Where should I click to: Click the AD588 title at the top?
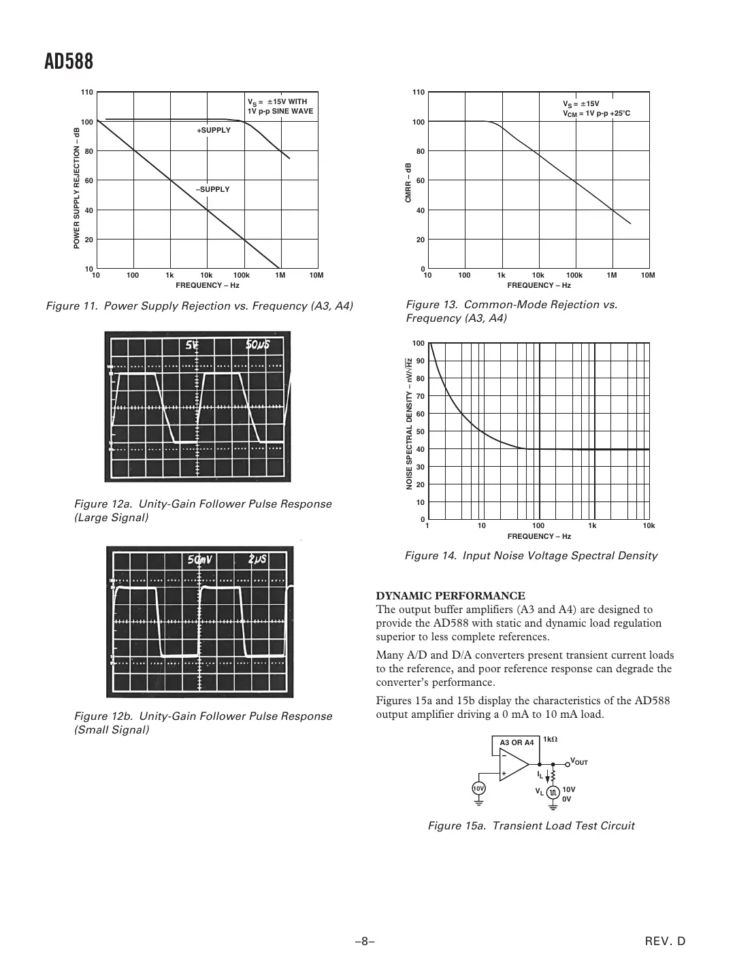pos(69,62)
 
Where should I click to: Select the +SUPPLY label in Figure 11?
pos(214,130)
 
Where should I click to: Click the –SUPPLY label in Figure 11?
pos(213,189)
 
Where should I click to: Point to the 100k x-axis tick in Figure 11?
pos(242,276)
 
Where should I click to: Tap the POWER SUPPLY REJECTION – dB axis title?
pos(77,187)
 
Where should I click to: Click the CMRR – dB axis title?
pos(408,182)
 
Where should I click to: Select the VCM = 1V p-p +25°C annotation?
pos(596,114)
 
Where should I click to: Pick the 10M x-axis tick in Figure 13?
pos(648,276)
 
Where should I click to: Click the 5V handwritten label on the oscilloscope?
pos(193,345)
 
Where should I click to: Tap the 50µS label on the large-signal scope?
pos(258,344)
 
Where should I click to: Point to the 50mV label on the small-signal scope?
pos(201,560)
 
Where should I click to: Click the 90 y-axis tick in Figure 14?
pos(420,361)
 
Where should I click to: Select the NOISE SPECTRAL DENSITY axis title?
pos(409,423)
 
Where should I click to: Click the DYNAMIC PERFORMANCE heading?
pos(451,596)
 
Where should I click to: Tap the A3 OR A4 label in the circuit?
pos(517,742)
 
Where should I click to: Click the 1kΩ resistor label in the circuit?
pos(551,739)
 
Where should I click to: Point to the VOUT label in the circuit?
pos(578,761)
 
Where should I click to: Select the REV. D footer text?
pos(665,942)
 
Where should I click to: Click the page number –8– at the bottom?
pos(365,942)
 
